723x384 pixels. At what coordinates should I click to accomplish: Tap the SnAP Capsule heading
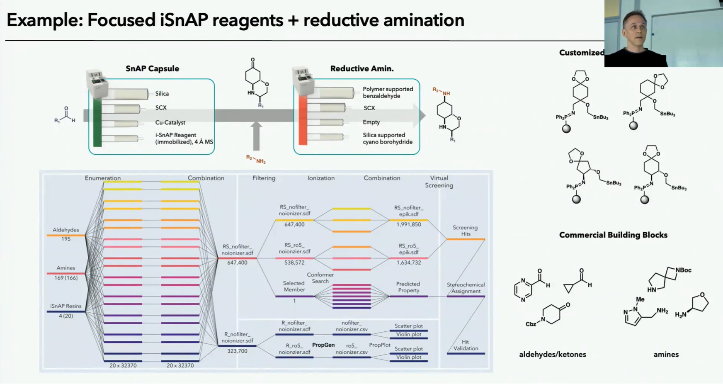coord(152,68)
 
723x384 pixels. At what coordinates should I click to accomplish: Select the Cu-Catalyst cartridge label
coord(170,122)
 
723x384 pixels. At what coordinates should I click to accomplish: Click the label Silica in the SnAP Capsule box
coord(162,94)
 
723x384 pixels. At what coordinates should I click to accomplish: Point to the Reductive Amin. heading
coord(361,68)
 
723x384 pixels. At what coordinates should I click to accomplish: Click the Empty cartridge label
coord(371,122)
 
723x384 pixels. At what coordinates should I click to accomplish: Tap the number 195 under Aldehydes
coord(66,239)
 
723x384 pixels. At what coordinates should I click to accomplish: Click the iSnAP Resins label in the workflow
coord(66,306)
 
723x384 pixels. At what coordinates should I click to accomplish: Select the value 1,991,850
coord(408,224)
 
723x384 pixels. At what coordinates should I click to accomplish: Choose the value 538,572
coord(294,262)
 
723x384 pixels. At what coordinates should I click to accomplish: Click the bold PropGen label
coord(323,345)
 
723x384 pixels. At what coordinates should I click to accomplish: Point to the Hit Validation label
coord(466,345)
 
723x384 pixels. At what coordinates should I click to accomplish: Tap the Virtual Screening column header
coord(439,182)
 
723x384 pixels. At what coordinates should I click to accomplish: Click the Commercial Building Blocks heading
coord(613,235)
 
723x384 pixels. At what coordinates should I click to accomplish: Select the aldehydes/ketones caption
coord(552,354)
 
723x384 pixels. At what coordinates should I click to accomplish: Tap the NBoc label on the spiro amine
coord(683,270)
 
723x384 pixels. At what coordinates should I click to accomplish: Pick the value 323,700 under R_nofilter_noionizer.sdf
coord(237,351)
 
